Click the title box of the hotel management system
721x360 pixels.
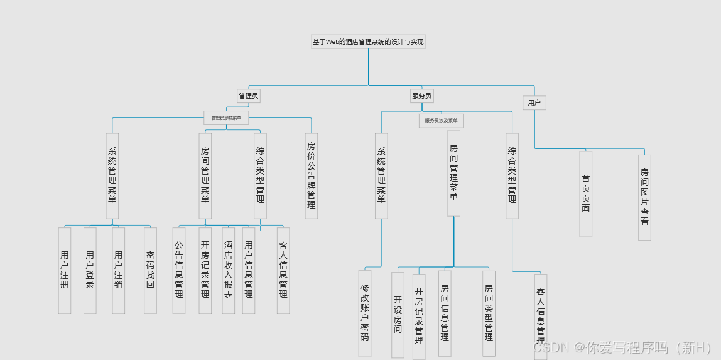368,41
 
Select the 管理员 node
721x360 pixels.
248,96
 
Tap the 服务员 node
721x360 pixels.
421,96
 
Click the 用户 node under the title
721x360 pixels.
534,102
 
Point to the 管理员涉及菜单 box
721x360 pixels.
226,117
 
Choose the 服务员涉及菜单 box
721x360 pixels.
441,120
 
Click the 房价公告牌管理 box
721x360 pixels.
312,175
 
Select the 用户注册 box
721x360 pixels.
65,270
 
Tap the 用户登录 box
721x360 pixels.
90,270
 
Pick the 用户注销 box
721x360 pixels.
118,270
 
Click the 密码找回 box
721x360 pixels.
150,270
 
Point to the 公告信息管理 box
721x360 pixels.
179,270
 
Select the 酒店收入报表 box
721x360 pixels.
228,270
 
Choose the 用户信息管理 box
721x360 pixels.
249,270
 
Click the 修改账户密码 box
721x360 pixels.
365,312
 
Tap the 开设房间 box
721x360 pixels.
398,314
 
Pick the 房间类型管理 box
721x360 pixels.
489,313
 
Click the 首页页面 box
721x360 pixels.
586,194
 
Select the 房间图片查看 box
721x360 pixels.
644,197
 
